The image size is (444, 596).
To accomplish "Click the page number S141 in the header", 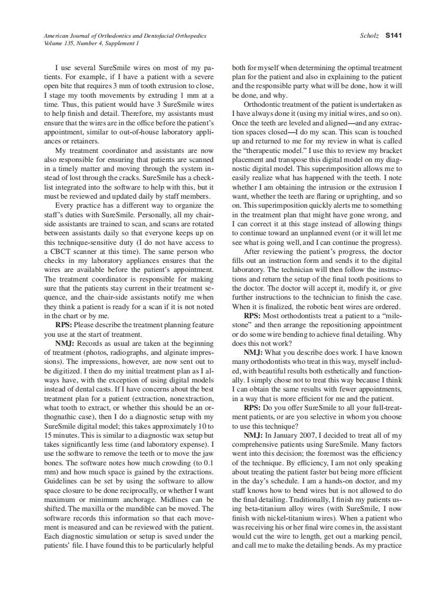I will tap(394, 36).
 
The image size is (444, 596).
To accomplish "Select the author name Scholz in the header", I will tap(370, 36).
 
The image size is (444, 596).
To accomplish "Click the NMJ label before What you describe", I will tap(253, 352).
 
